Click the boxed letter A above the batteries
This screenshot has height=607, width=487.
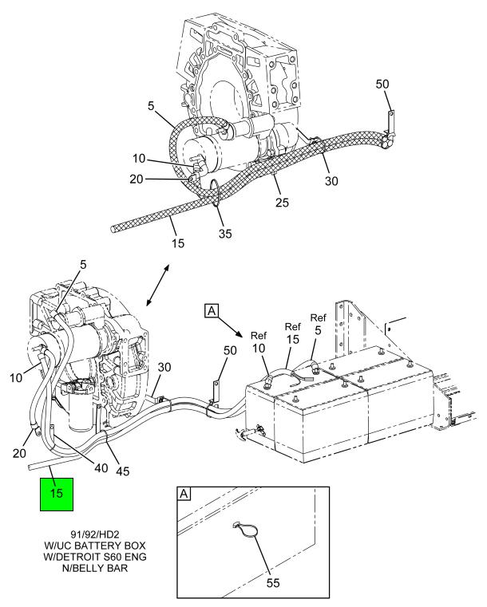tap(212, 310)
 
